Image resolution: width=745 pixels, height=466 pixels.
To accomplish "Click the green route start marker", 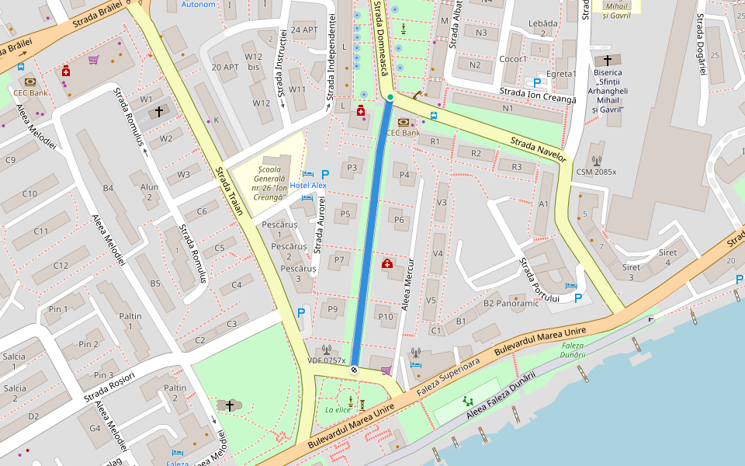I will click(x=390, y=97).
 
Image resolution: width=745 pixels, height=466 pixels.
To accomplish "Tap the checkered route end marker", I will click(x=354, y=370).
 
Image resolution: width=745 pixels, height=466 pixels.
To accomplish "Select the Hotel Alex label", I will click(x=308, y=186).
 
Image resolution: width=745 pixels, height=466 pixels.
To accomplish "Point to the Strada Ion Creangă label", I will click(x=538, y=96).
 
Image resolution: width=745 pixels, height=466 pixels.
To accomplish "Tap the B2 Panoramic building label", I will click(x=511, y=303).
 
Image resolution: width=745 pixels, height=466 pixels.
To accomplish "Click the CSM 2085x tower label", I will click(x=596, y=172).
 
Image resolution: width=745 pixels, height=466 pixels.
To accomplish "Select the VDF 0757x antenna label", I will click(x=327, y=360).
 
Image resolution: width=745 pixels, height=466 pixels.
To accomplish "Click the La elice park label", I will click(x=338, y=409).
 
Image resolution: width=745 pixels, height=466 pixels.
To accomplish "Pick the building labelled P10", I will click(x=386, y=316).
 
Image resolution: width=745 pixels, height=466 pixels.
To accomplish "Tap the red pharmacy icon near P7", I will click(x=387, y=264).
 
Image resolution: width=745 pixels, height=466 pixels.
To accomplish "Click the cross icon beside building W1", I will click(x=159, y=112).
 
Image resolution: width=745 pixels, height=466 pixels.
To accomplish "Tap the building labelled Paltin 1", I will click(x=130, y=321).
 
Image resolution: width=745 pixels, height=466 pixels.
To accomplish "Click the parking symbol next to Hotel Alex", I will click(x=325, y=175).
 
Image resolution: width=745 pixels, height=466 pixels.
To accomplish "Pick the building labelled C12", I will click(x=61, y=266).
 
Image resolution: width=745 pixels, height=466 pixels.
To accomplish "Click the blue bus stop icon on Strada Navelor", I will click(x=433, y=116).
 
